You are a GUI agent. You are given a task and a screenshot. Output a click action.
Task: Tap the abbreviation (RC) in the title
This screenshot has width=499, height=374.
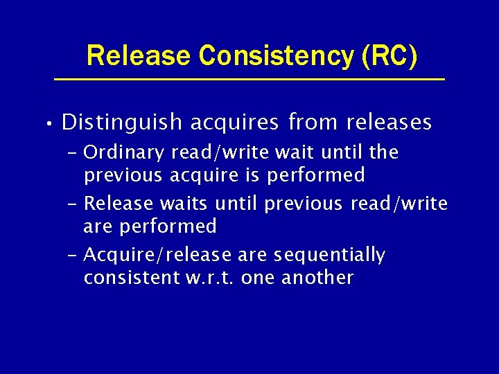click(x=389, y=55)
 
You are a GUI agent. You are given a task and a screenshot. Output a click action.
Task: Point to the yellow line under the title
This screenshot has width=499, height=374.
click(x=249, y=80)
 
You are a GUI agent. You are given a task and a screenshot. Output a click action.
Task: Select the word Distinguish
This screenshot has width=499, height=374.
click(x=122, y=123)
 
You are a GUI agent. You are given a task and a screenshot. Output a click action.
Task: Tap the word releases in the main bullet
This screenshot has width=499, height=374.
click(x=389, y=123)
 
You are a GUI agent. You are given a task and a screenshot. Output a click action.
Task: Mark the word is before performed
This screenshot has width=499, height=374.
click(x=254, y=175)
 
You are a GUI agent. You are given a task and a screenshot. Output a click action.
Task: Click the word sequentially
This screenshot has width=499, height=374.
click(x=329, y=256)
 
